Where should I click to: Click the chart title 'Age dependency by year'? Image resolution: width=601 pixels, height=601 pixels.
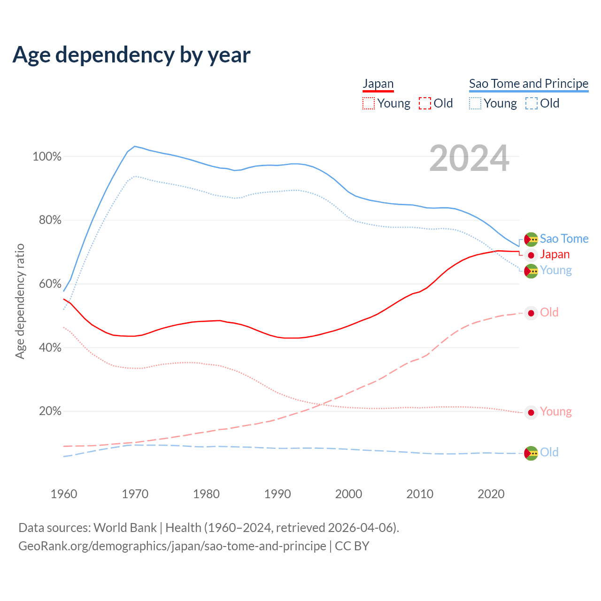[x=131, y=55]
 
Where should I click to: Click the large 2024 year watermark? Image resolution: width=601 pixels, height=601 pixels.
[x=469, y=159]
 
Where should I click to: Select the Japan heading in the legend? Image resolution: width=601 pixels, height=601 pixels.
[x=378, y=84]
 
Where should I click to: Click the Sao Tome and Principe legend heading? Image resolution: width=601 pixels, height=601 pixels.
[x=529, y=84]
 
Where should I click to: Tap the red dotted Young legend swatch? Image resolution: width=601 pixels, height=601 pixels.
[x=369, y=103]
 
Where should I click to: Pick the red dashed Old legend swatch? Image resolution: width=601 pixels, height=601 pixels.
[x=424, y=103]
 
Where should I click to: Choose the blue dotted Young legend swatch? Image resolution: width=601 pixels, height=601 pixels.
[x=475, y=103]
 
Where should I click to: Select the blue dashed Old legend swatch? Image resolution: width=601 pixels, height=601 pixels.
[x=532, y=103]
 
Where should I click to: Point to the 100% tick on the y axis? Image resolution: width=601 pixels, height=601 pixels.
[x=47, y=157]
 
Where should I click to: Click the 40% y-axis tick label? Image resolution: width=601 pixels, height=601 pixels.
[x=50, y=348]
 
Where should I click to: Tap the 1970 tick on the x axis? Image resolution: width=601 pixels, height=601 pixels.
[x=135, y=494]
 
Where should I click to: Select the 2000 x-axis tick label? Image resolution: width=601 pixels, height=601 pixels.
[x=348, y=494]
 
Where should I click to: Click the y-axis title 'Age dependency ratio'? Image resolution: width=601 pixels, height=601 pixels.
[x=20, y=301]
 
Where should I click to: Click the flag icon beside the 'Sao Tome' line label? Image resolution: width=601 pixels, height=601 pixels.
[x=531, y=239]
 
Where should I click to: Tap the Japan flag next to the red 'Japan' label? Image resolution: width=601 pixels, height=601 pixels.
[x=531, y=255]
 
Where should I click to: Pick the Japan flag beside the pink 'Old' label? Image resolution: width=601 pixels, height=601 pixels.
[x=531, y=313]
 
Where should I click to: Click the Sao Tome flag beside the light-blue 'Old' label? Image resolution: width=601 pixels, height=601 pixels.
[x=531, y=453]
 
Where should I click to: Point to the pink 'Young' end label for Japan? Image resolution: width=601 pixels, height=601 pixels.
[x=556, y=412]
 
